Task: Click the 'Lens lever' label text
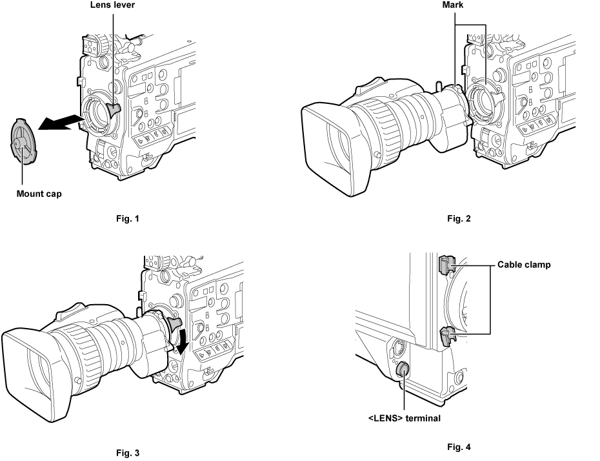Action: tap(113, 5)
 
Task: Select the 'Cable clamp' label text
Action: tap(524, 264)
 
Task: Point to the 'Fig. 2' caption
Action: tap(459, 218)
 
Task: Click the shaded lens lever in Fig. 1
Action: tap(114, 110)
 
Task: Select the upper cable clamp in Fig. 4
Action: tap(444, 265)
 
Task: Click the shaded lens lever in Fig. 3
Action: tap(174, 323)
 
